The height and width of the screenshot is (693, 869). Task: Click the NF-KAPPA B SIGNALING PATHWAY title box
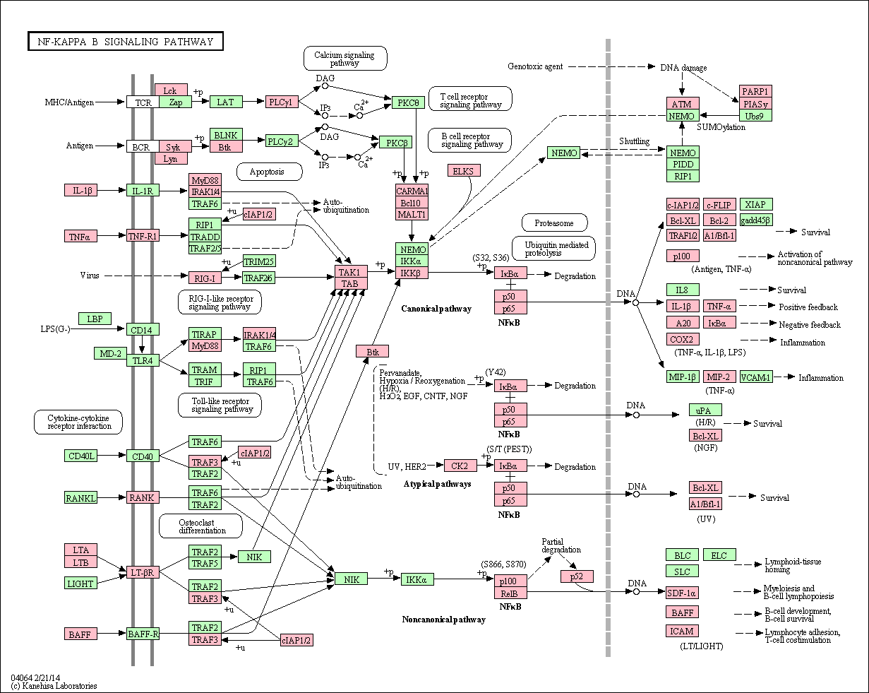125,41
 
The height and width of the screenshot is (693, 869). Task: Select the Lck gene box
171,90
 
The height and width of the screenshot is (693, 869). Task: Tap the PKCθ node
408,102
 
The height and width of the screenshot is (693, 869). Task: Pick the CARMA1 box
412,191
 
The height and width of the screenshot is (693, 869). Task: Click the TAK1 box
351,271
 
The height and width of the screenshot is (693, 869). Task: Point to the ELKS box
464,170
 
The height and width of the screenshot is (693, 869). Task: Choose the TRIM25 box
259,261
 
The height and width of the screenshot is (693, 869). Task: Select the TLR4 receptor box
143,360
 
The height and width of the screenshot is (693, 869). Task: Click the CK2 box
460,466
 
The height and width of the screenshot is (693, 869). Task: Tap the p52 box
577,576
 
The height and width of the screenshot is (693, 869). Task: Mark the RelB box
510,593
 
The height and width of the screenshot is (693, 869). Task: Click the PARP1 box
755,91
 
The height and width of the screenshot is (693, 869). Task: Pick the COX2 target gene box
683,339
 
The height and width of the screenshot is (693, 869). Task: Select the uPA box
705,410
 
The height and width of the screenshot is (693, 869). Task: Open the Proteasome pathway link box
554,223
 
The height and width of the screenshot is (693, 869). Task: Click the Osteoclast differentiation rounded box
201,526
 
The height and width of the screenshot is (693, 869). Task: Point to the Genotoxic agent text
535,66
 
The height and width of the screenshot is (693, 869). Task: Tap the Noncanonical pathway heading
444,620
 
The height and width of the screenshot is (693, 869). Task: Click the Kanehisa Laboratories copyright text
54,686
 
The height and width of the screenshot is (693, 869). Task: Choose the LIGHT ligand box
80,583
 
